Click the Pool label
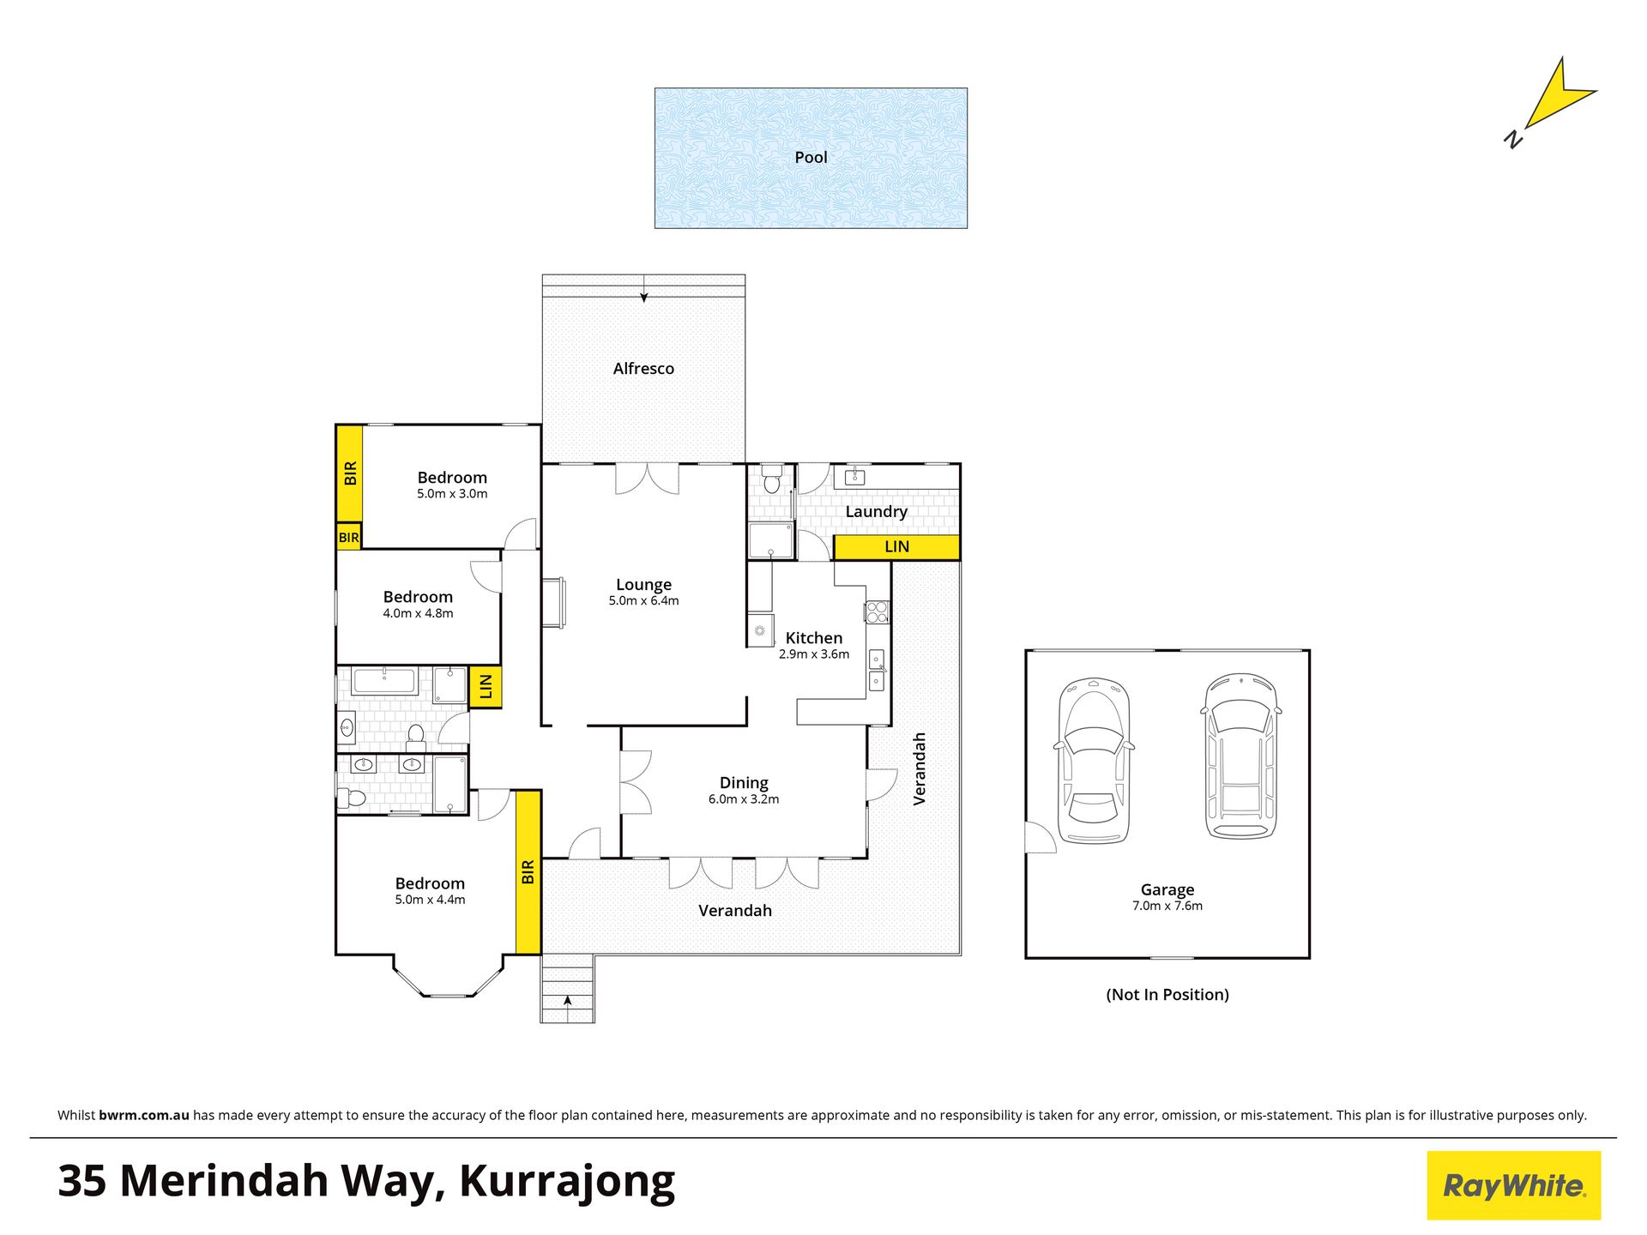point(811,157)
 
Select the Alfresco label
point(643,369)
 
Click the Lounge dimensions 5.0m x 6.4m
point(643,601)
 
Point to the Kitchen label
point(814,638)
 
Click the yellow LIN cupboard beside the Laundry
point(896,547)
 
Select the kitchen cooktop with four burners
point(876,612)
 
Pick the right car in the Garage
point(1240,756)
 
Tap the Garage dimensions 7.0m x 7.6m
point(1167,906)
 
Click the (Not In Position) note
point(1167,995)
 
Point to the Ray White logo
point(1514,1185)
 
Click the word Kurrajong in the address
point(567,1183)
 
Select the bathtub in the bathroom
point(385,681)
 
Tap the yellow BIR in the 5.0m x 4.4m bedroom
point(528,871)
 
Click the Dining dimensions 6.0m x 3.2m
point(744,799)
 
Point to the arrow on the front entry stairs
point(567,1001)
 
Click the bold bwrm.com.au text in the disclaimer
point(144,1115)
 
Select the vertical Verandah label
point(920,768)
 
